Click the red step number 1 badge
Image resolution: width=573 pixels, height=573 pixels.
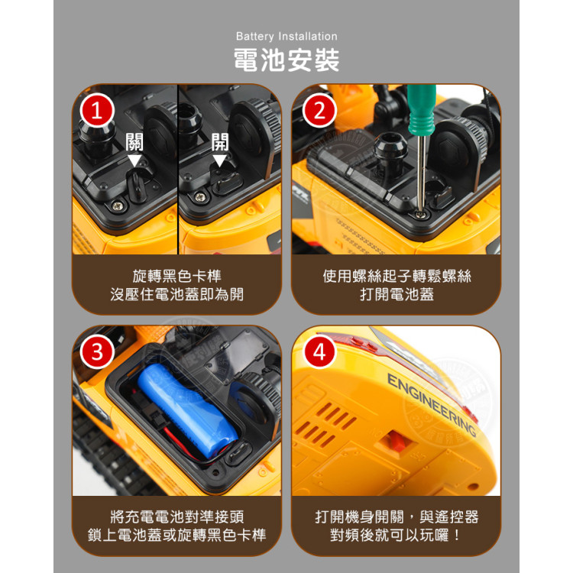pos(95,112)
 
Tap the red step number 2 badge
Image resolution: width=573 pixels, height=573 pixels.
pos(319,112)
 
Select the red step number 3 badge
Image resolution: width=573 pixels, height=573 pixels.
pos(96,352)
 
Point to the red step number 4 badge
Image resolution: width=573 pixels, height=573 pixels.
pos(319,352)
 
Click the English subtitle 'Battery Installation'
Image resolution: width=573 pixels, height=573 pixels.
pos(286,36)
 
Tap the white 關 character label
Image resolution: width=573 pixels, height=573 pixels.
pos(135,142)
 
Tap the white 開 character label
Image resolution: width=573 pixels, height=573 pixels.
pos(220,142)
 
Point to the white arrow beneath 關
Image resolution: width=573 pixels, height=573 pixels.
pos(135,161)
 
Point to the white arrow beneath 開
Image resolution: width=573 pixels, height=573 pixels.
pos(220,161)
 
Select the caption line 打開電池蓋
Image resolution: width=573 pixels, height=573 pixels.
pos(397,294)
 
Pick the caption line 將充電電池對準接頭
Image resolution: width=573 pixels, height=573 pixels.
pos(176,516)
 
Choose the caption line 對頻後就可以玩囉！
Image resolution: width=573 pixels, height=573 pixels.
pos(397,535)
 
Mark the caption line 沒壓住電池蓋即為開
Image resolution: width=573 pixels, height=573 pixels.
pos(176,294)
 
